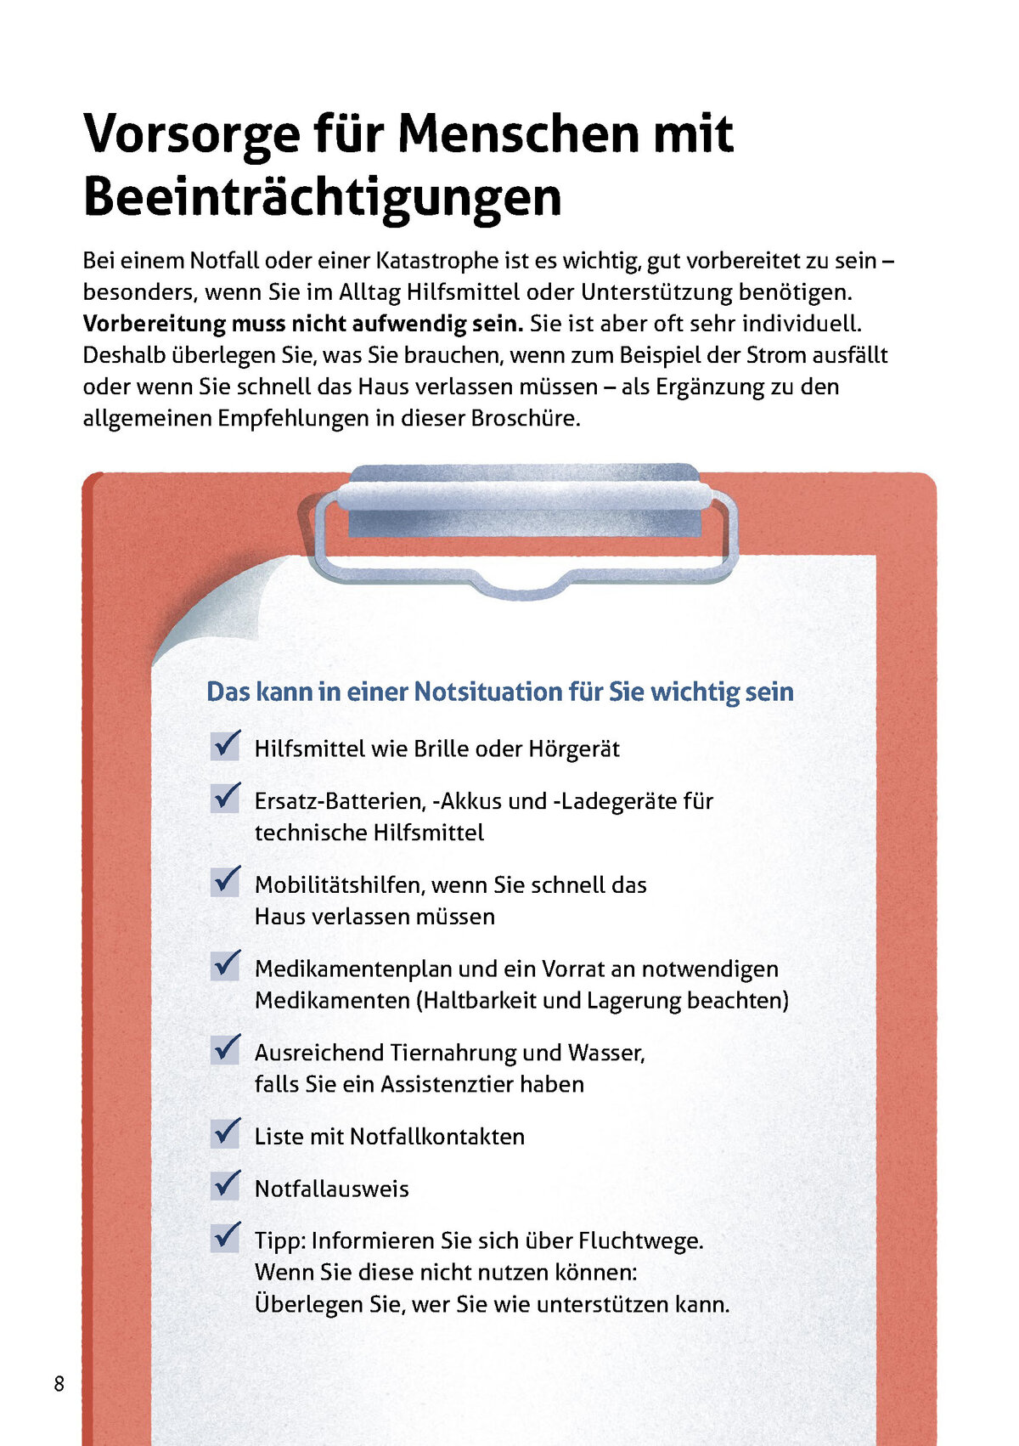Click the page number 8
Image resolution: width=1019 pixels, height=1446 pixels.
click(x=59, y=1383)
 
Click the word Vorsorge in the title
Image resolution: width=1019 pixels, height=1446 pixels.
click(x=191, y=134)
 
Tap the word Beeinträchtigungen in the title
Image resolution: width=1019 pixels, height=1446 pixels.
click(x=323, y=197)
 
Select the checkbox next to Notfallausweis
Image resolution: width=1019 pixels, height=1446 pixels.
click(x=226, y=1185)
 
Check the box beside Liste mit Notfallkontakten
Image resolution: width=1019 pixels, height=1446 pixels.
click(x=226, y=1133)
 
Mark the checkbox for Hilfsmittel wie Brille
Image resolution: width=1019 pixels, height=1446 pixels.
click(x=226, y=746)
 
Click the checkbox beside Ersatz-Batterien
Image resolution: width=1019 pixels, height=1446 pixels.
click(x=226, y=798)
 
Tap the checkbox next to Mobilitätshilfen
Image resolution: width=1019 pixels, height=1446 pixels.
click(x=226, y=881)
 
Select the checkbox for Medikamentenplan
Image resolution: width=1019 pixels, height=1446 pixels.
click(x=226, y=965)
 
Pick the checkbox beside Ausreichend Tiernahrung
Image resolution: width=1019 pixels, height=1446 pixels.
click(x=226, y=1049)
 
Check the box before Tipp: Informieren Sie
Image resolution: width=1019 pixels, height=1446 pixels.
click(x=226, y=1237)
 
